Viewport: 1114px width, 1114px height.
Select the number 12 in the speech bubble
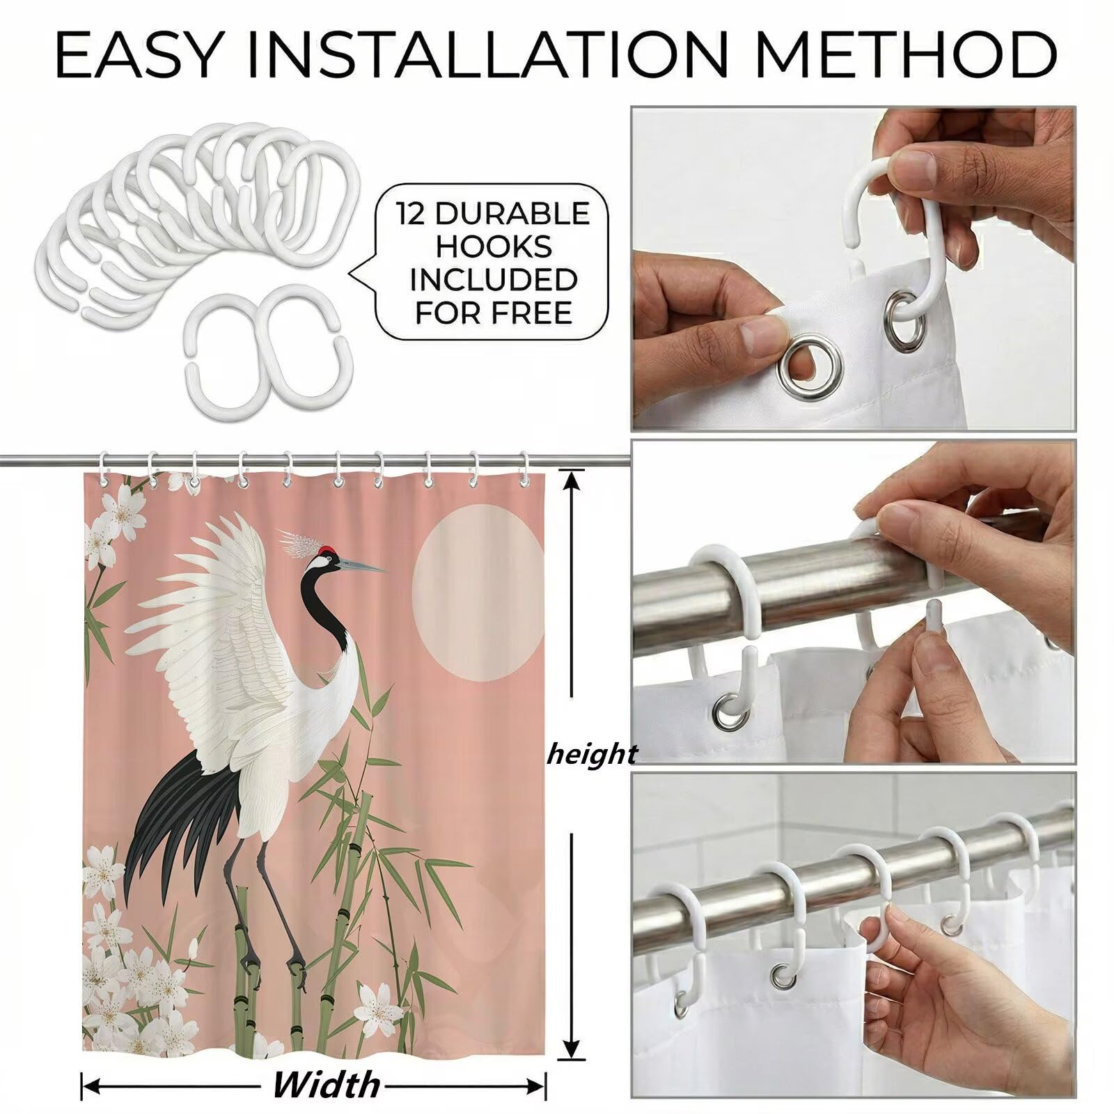(410, 214)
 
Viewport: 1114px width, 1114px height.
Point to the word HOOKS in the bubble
(493, 247)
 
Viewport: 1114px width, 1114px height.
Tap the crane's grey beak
(363, 565)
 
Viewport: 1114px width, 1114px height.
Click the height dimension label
(592, 755)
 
